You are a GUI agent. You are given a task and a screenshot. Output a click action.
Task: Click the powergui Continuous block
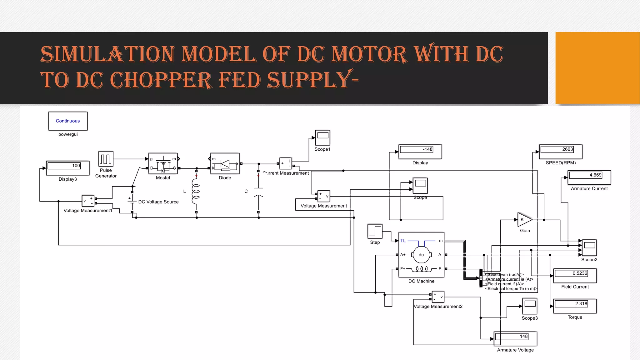coord(68,121)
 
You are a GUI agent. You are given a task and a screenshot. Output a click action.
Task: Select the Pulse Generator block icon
coord(106,159)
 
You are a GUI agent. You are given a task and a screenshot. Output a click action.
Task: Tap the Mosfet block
coord(163,163)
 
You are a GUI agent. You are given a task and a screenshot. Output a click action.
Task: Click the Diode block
coord(225,163)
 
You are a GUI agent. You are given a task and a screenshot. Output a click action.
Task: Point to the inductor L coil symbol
coord(196,191)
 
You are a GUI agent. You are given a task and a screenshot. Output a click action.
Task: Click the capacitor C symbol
coord(258,192)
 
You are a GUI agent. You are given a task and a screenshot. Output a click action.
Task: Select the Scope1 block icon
coord(322,137)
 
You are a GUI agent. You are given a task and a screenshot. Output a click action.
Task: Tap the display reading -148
coord(420,151)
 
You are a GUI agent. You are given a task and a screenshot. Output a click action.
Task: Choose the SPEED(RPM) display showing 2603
coord(561,151)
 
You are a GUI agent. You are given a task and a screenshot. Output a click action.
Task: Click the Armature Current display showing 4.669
coord(589,177)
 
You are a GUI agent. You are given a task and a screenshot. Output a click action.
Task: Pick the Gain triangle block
coord(524,220)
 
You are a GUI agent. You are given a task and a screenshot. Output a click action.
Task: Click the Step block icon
coord(375,231)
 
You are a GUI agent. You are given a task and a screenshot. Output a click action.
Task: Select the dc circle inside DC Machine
coord(421,255)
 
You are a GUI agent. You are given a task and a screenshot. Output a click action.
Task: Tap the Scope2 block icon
coord(589,247)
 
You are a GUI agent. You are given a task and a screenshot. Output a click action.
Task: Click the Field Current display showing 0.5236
coord(575,275)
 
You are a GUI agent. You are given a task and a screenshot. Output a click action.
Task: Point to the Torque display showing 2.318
coord(575,306)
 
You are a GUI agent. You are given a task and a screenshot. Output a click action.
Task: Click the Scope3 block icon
coord(530,306)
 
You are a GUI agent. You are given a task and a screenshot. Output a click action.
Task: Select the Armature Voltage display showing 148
coord(515,338)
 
